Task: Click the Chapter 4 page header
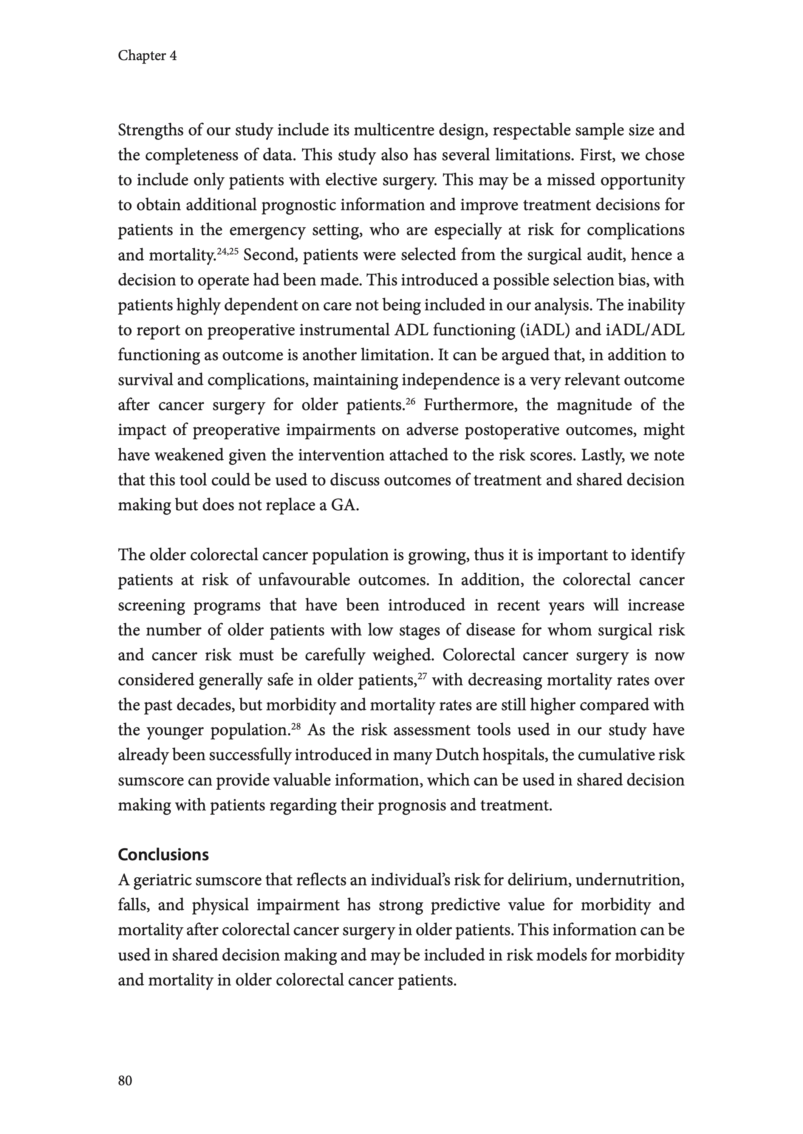[x=147, y=56]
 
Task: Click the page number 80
[x=125, y=1081]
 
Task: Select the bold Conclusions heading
[x=163, y=855]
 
